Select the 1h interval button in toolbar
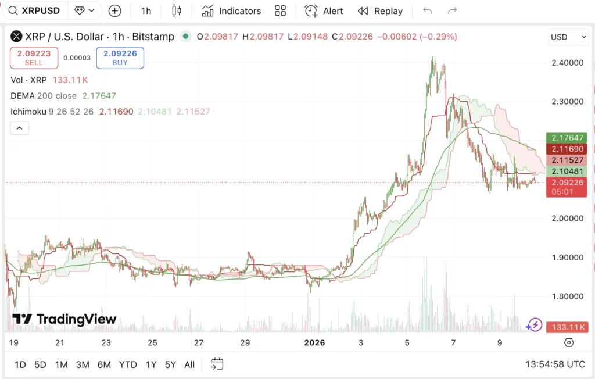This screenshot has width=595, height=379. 146,11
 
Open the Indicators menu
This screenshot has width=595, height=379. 231,11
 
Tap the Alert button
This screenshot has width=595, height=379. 324,11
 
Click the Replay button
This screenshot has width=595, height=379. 380,11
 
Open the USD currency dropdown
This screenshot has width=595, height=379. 568,37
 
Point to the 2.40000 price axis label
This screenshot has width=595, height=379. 568,63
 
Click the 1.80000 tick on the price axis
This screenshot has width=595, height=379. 568,296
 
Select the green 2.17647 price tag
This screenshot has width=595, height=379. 567,138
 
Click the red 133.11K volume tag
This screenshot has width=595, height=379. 567,327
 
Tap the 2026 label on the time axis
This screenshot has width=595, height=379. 314,343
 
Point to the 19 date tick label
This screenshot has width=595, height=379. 13,343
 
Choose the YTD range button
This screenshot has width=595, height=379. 128,365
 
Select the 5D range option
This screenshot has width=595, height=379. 40,365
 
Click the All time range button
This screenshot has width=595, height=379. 189,365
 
